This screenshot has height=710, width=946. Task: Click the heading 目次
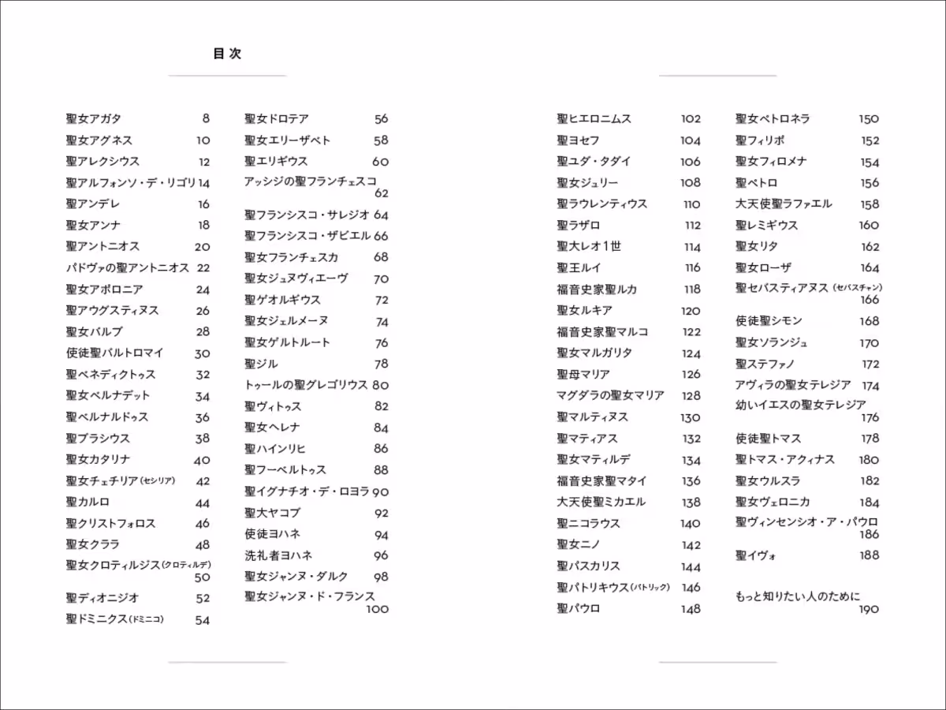coord(227,54)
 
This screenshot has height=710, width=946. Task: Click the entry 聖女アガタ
coord(94,119)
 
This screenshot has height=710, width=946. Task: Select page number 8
coord(206,119)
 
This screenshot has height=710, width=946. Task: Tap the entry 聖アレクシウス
coord(102,162)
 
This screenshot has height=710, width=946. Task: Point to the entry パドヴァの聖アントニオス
coord(128,268)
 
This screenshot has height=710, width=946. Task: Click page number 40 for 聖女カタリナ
coord(202,460)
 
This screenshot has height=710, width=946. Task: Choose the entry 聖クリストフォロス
coord(111,524)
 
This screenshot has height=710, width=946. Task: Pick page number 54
coord(203,620)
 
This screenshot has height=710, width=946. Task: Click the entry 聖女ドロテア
coord(277,119)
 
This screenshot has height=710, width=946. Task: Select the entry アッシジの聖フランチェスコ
coord(311,181)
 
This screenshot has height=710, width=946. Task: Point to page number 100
coord(378,609)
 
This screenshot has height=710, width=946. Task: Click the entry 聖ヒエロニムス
coord(594,119)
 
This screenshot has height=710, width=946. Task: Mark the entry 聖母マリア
coord(583,375)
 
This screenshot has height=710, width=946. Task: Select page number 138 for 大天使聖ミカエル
coord(691,503)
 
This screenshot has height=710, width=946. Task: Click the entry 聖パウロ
coord(579,609)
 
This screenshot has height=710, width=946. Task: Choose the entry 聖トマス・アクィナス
coord(785,460)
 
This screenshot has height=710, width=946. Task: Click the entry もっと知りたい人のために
coord(798,596)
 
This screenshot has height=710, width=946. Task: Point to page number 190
coord(869,609)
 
